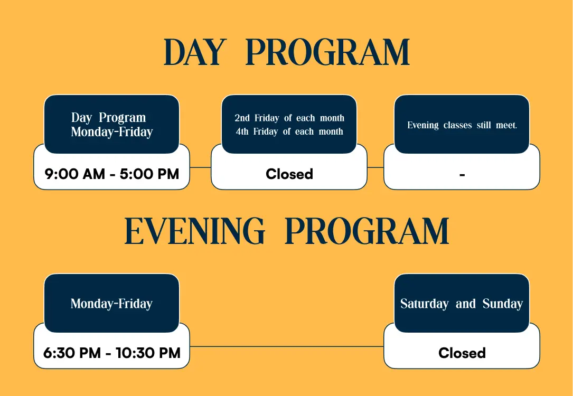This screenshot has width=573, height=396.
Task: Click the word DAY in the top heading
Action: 193,52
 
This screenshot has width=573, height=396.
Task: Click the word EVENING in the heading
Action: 194,231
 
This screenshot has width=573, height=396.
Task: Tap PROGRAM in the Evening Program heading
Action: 367,231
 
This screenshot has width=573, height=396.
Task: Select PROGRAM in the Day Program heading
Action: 327,52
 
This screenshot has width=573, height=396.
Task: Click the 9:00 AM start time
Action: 74,174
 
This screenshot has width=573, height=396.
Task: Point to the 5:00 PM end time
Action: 149,174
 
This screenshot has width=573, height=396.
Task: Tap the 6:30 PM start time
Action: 72,353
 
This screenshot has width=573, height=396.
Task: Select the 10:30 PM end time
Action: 148,353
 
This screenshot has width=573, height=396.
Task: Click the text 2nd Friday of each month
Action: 289,118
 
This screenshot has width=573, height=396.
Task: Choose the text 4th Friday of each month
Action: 289,131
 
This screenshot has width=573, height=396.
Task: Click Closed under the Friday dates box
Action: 289,174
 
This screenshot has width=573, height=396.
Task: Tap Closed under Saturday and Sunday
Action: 462,353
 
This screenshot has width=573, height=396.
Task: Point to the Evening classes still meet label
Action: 462,125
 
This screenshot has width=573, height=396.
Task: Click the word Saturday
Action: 424,304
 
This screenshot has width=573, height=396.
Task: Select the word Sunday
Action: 503,304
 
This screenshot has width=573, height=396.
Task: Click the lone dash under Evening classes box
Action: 462,175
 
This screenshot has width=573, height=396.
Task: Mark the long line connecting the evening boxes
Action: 286,346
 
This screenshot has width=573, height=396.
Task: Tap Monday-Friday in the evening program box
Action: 111,304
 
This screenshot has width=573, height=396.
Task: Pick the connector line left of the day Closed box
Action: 200,167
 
